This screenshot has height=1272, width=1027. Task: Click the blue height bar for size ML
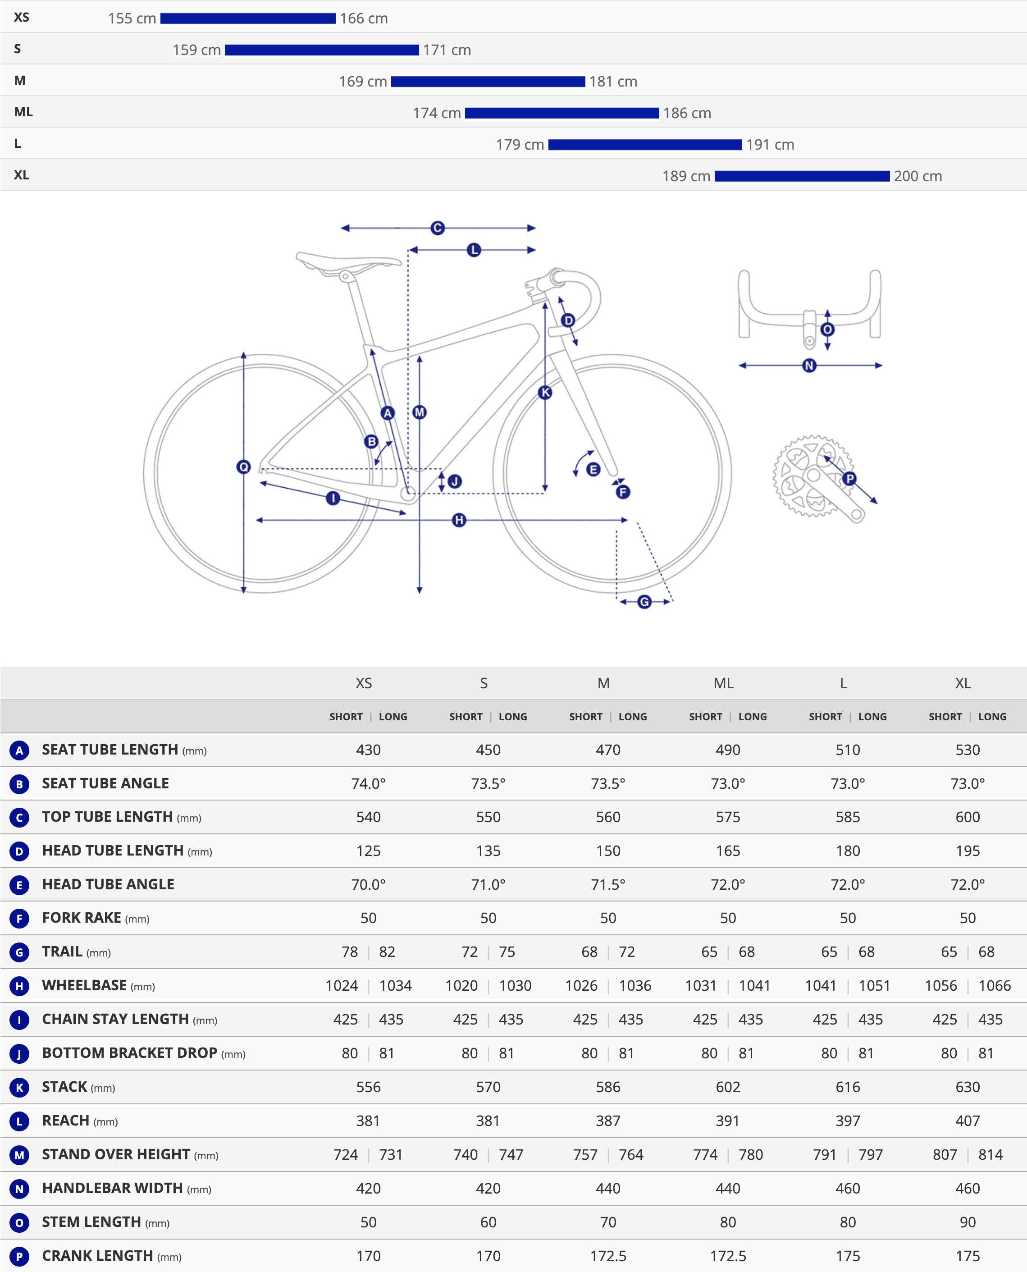click(561, 113)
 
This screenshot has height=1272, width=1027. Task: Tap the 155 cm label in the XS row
click(132, 18)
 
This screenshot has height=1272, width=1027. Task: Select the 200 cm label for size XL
click(917, 176)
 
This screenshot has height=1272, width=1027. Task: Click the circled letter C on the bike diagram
click(437, 228)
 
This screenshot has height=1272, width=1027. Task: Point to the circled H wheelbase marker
click(459, 520)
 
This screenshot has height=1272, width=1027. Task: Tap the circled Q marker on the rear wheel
click(243, 467)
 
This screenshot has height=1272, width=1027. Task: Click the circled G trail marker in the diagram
click(644, 602)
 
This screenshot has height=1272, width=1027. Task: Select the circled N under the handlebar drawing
click(809, 366)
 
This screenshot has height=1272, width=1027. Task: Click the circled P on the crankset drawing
click(849, 478)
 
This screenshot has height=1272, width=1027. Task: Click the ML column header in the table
click(724, 683)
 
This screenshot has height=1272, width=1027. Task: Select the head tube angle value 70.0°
click(368, 884)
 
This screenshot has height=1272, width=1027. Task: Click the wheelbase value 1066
click(995, 986)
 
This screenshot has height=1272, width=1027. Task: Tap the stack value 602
click(728, 1087)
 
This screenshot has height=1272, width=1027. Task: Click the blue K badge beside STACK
click(19, 1087)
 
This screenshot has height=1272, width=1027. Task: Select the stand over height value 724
click(346, 1154)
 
